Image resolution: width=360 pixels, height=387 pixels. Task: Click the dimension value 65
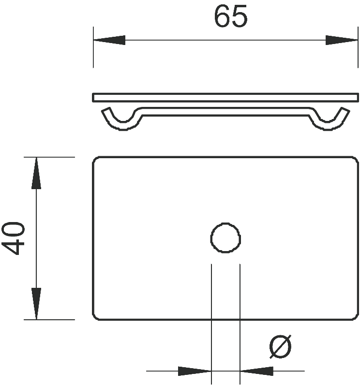click(x=230, y=16)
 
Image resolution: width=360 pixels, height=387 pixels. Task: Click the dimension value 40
click(x=13, y=238)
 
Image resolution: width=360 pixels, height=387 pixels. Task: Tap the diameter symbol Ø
click(x=280, y=346)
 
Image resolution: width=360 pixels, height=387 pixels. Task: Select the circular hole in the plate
click(x=225, y=238)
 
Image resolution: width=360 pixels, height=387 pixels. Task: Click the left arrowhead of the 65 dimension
click(x=109, y=40)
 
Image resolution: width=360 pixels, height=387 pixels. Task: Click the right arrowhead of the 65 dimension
click(x=342, y=40)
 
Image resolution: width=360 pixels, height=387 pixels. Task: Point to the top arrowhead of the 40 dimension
click(x=36, y=173)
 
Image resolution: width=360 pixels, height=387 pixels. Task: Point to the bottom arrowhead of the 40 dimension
click(x=36, y=304)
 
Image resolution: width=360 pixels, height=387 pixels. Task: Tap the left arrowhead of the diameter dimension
click(x=195, y=371)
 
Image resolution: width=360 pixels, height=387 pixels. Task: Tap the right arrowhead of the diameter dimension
click(x=256, y=371)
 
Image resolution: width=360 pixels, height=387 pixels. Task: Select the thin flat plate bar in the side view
click(x=225, y=97)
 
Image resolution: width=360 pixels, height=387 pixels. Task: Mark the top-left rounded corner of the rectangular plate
click(x=95, y=159)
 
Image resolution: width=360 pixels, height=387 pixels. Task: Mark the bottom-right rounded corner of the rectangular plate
click(x=356, y=317)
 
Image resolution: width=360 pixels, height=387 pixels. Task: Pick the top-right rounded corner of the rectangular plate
click(x=356, y=159)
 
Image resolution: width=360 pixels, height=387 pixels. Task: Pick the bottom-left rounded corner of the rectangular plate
click(x=95, y=317)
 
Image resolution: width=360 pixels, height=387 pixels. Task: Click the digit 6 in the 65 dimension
click(x=222, y=16)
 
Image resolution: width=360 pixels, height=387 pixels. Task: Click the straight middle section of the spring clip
click(x=225, y=111)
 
